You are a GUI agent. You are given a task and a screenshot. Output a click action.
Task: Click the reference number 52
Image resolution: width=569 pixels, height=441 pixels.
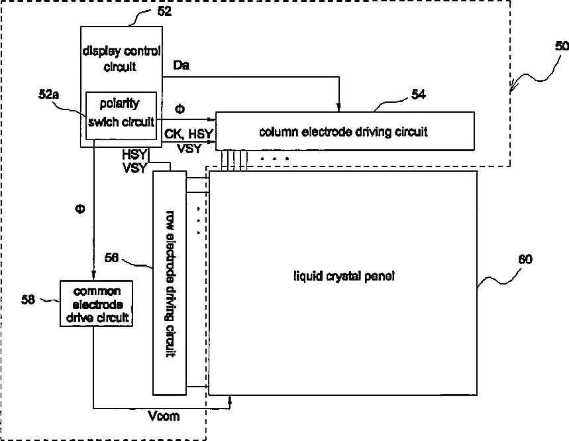(x=164, y=11)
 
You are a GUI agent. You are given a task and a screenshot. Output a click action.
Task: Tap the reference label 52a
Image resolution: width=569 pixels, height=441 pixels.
(x=48, y=94)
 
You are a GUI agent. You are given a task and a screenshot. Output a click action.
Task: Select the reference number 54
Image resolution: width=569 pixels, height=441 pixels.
(x=419, y=94)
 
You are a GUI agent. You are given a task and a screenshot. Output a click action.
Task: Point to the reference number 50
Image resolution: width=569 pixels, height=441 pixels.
(x=562, y=46)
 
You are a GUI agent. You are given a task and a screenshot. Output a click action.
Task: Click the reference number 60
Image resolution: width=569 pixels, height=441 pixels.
(x=525, y=259)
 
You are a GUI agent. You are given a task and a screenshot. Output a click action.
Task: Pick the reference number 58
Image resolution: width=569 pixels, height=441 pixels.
(x=28, y=299)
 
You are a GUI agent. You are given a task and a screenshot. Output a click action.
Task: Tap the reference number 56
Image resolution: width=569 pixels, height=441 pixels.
(x=111, y=257)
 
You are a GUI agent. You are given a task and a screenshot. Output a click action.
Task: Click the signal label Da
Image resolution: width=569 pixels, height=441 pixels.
(x=181, y=66)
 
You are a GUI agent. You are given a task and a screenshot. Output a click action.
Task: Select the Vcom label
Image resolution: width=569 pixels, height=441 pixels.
(x=164, y=416)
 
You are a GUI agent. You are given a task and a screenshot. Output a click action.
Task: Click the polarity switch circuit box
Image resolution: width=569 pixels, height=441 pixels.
(x=121, y=115)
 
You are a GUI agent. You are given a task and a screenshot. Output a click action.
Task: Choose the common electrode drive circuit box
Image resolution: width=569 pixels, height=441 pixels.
(x=96, y=303)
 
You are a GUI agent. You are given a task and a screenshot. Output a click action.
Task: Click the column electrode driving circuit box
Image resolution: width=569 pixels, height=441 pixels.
(x=345, y=131)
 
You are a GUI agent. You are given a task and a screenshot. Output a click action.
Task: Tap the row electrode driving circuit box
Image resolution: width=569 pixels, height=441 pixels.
(x=170, y=283)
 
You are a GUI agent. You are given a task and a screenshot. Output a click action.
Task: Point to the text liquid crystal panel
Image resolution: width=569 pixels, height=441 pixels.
(x=344, y=277)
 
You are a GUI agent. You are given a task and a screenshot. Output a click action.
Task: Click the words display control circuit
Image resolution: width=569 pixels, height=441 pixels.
(x=121, y=58)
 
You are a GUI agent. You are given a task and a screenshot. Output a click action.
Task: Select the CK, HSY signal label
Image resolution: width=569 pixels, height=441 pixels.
(x=188, y=134)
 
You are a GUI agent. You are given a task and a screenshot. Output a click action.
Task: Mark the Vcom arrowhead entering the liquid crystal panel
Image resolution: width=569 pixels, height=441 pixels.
(x=230, y=400)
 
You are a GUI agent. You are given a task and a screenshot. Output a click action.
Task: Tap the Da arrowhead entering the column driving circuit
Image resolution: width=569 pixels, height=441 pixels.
(x=339, y=107)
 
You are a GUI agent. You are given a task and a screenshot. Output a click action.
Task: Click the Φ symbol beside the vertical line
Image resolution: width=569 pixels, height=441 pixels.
(x=80, y=209)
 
